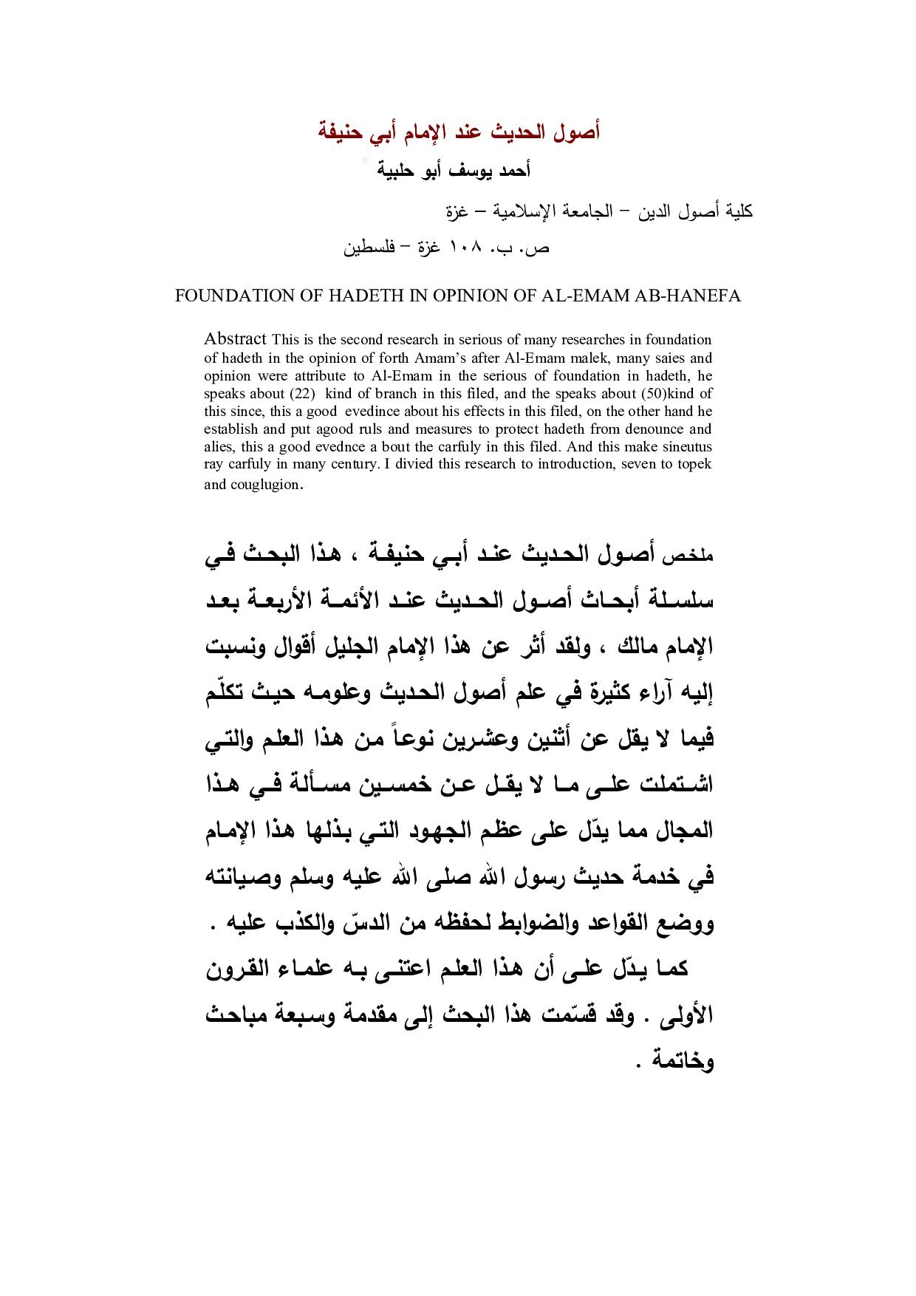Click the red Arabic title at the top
[x=458, y=132]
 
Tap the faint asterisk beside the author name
[x=364, y=162]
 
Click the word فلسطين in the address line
[x=369, y=248]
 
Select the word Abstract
[x=235, y=339]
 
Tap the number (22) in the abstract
[x=301, y=393]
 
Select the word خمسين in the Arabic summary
[x=398, y=785]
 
